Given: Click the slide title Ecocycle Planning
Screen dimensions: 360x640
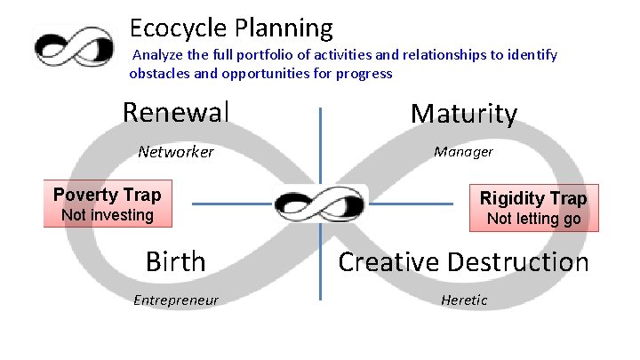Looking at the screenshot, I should (x=230, y=28).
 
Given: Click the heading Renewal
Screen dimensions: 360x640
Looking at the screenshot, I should (x=176, y=112).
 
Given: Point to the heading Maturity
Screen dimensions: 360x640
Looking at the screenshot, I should (x=463, y=114).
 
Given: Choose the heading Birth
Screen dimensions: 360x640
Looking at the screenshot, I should (x=175, y=262).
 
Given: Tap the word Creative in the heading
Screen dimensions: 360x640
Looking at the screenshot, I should (x=388, y=262).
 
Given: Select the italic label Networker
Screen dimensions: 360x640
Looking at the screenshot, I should (x=176, y=152).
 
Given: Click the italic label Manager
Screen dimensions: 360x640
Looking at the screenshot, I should (x=463, y=152).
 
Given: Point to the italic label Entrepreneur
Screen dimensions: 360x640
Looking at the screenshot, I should (x=175, y=300).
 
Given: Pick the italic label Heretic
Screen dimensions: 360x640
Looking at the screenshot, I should (x=464, y=300).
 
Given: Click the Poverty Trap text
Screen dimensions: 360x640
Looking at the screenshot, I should (x=107, y=195).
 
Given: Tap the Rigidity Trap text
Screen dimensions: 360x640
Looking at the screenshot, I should (x=533, y=197).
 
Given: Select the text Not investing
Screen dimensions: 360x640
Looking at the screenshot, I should (x=107, y=215).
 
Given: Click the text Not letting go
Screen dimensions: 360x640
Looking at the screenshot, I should (x=533, y=219).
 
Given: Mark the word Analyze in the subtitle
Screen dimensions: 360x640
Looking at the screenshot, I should (x=157, y=55).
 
